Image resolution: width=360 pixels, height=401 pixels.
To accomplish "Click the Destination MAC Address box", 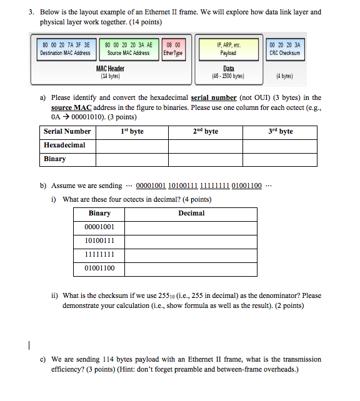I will pos(65,49).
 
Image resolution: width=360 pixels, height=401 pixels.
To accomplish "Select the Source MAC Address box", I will pos(128,49).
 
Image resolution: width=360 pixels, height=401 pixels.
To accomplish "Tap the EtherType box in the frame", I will pos(172,49).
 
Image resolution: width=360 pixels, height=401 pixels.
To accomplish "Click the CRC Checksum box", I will pos(284,49).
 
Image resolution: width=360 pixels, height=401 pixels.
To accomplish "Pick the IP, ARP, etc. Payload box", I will pos(229,49).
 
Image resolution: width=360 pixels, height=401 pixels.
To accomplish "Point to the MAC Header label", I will pos(110,69).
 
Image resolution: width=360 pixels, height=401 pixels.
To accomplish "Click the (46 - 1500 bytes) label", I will pos(229,76).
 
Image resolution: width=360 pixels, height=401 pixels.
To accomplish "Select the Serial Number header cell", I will pos(67,131).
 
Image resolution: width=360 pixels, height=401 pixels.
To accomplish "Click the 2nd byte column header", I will pos(206,131).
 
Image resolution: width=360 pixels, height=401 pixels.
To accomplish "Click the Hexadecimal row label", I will pos(64,145).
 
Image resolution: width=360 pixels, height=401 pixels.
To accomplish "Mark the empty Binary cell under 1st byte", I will pos(132,159).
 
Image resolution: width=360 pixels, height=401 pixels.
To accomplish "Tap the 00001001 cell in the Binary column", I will pos(99,227).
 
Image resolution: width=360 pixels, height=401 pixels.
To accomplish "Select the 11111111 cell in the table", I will pos(99,255).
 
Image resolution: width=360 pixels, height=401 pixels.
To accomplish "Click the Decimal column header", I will pos(191,214).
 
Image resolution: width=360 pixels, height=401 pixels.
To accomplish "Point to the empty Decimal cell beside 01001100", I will pos(191,269).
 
